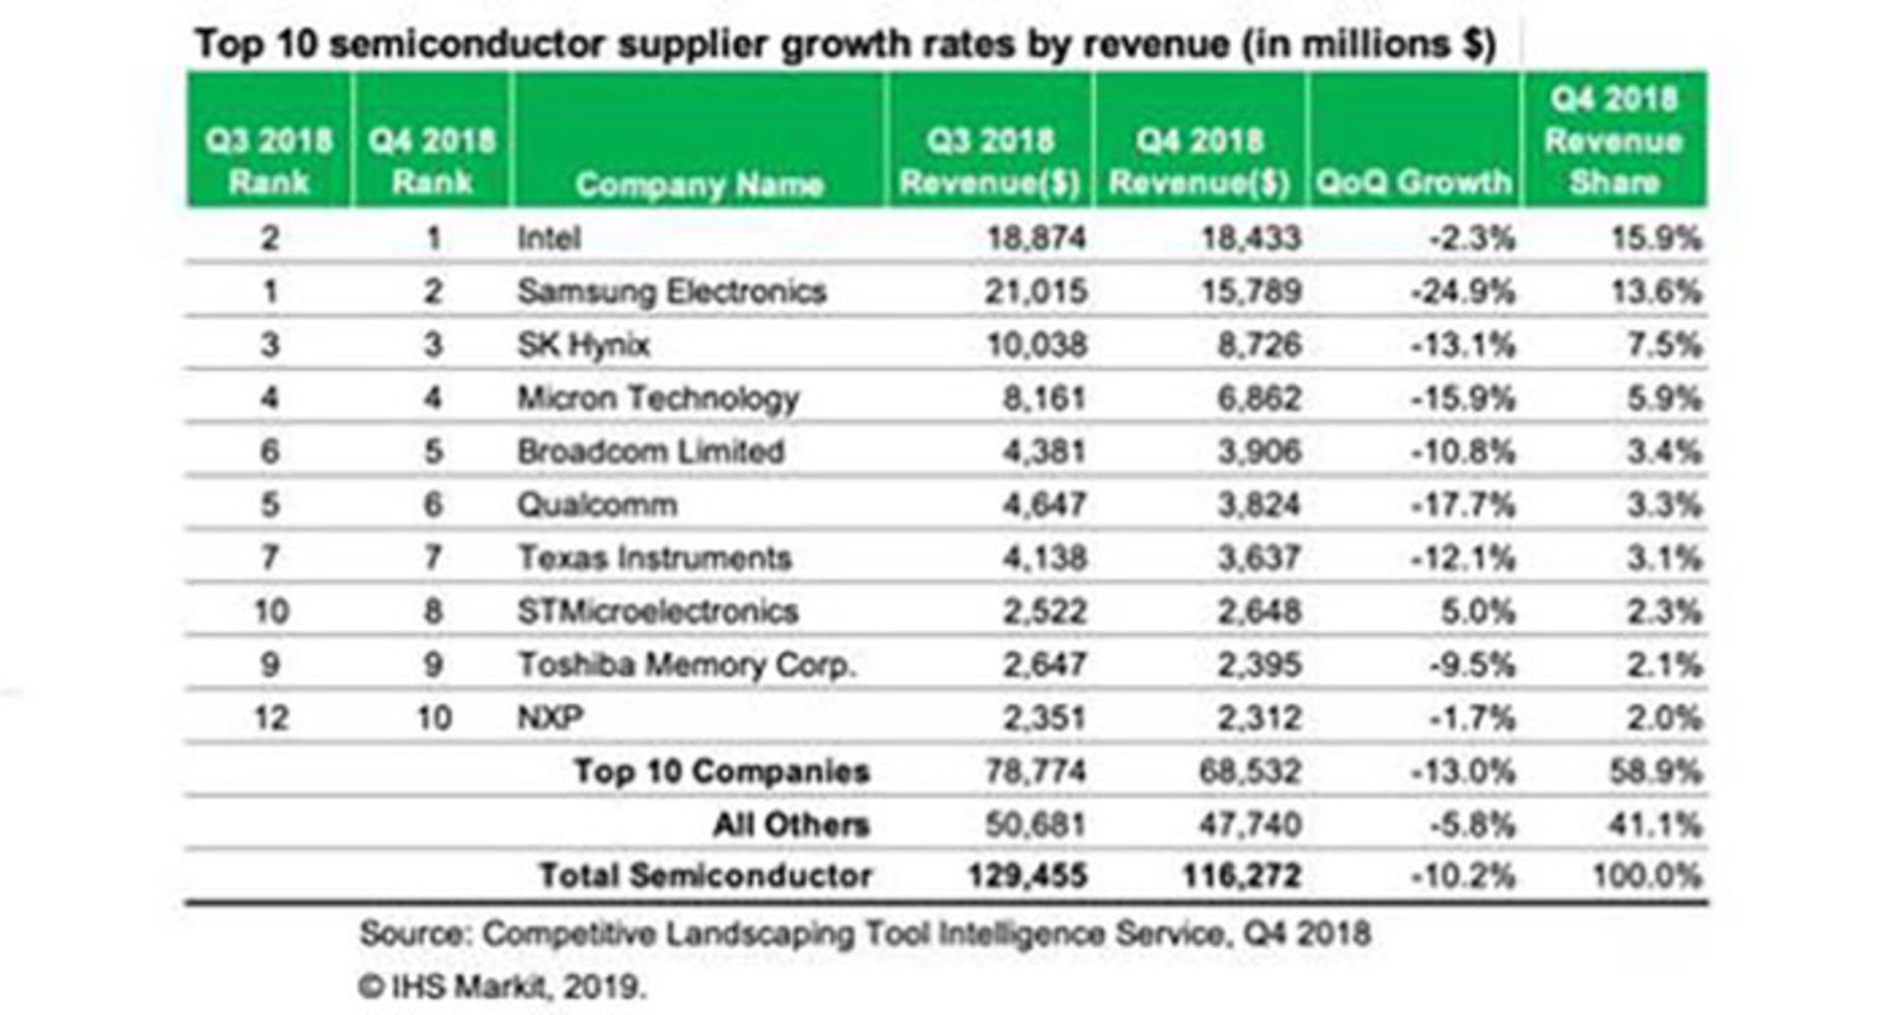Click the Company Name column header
pyautogui.click(x=698, y=184)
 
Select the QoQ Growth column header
pyautogui.click(x=1413, y=182)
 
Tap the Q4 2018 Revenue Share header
pyautogui.click(x=1614, y=140)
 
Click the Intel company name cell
pyautogui.click(x=548, y=239)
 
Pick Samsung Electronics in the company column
pyautogui.click(x=671, y=292)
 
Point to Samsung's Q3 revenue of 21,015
pyautogui.click(x=1036, y=292)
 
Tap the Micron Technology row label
pyautogui.click(x=658, y=399)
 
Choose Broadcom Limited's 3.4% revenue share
pyautogui.click(x=1664, y=452)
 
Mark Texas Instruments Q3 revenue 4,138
pyautogui.click(x=1044, y=558)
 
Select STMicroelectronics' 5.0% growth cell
pyautogui.click(x=1477, y=612)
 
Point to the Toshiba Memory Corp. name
pyautogui.click(x=686, y=665)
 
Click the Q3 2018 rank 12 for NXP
pyautogui.click(x=271, y=718)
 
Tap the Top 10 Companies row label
pyautogui.click(x=722, y=771)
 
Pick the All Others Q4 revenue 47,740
pyautogui.click(x=1250, y=825)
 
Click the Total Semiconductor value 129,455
pyautogui.click(x=1027, y=876)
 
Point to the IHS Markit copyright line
pyautogui.click(x=502, y=986)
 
